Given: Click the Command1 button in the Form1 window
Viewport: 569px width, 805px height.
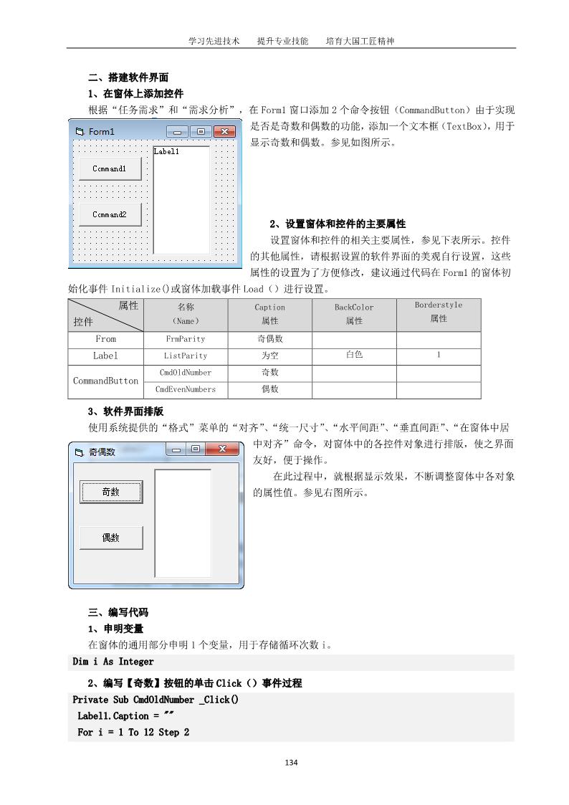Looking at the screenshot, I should (109, 168).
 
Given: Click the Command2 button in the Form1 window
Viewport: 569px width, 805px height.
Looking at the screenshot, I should (109, 214).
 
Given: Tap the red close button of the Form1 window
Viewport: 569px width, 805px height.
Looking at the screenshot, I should (224, 132).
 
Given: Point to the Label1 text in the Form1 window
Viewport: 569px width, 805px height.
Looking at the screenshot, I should (166, 152).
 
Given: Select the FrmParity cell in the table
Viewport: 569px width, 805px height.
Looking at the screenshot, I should (186, 338).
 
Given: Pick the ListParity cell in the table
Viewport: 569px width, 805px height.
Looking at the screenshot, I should (186, 356).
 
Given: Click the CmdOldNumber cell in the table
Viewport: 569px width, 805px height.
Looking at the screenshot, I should (186, 373).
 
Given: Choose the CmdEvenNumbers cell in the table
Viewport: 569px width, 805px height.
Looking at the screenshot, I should (186, 390).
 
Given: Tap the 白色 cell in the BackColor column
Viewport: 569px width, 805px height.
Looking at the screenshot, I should (354, 355).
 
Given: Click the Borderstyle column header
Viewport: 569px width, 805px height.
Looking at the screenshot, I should (439, 312).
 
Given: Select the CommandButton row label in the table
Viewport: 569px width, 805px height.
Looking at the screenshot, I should (106, 381).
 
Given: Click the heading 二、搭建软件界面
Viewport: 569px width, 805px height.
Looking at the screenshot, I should (128, 78).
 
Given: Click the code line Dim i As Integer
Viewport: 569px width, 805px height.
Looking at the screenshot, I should (113, 662).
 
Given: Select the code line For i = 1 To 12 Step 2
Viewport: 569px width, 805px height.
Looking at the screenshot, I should (133, 733).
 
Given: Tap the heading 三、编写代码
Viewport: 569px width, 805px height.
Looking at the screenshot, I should (118, 612).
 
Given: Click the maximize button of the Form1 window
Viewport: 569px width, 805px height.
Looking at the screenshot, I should (201, 132).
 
